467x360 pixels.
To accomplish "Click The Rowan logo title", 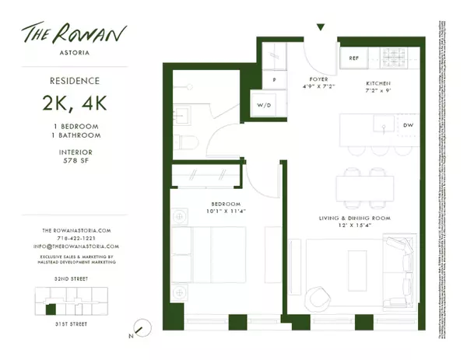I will [77, 37].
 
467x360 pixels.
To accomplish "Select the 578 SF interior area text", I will [77, 162].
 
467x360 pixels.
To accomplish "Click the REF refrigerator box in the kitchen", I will [354, 58].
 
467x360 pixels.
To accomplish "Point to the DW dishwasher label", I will [409, 125].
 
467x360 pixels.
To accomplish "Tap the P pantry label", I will [274, 80].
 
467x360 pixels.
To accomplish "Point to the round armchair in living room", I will [318, 299].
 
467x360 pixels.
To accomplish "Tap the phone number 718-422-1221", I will [77, 239].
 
